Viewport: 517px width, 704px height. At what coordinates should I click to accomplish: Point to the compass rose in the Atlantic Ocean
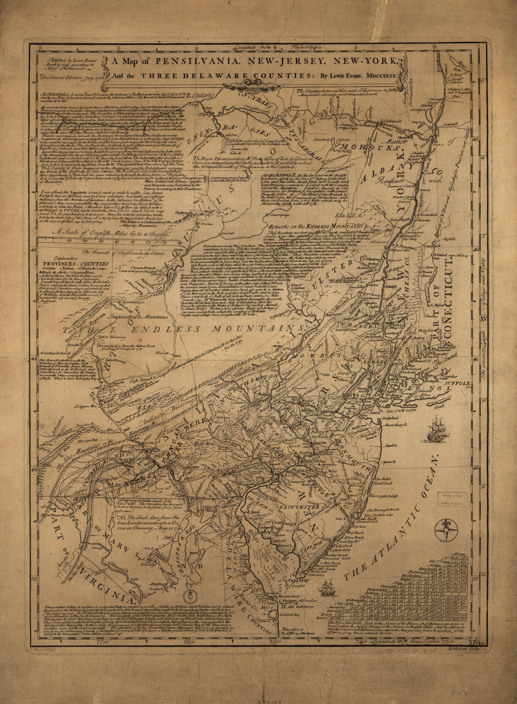click(443, 531)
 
